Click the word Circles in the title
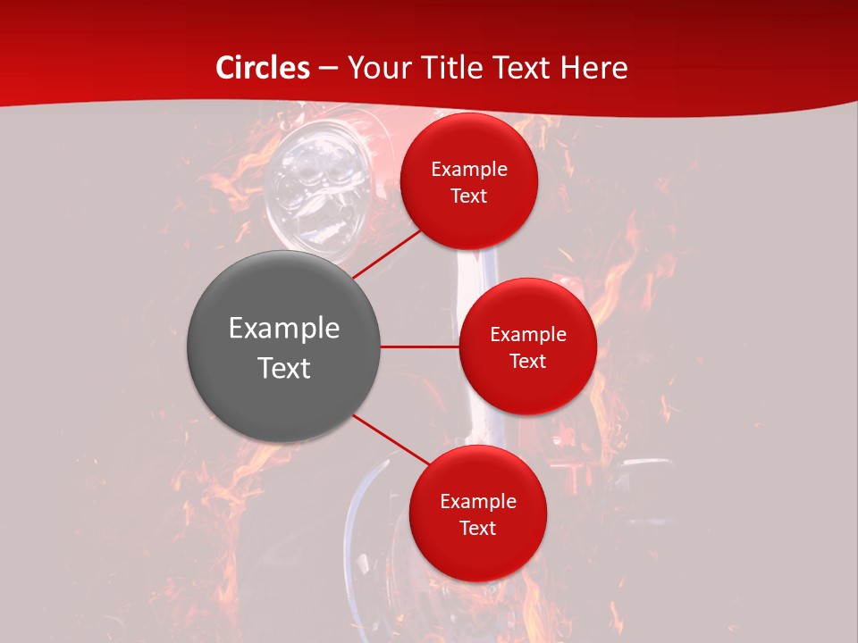tap(263, 68)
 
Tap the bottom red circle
tap(478, 554)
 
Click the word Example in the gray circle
tap(284, 329)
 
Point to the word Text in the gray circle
tap(284, 368)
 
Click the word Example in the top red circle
tap(469, 170)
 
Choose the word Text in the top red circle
tap(469, 196)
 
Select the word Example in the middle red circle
tap(528, 335)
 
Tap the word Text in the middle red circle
tap(528, 362)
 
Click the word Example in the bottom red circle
tap(478, 502)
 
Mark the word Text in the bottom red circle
tap(478, 529)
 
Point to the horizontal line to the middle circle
tap(420, 347)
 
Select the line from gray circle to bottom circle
tap(391, 439)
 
